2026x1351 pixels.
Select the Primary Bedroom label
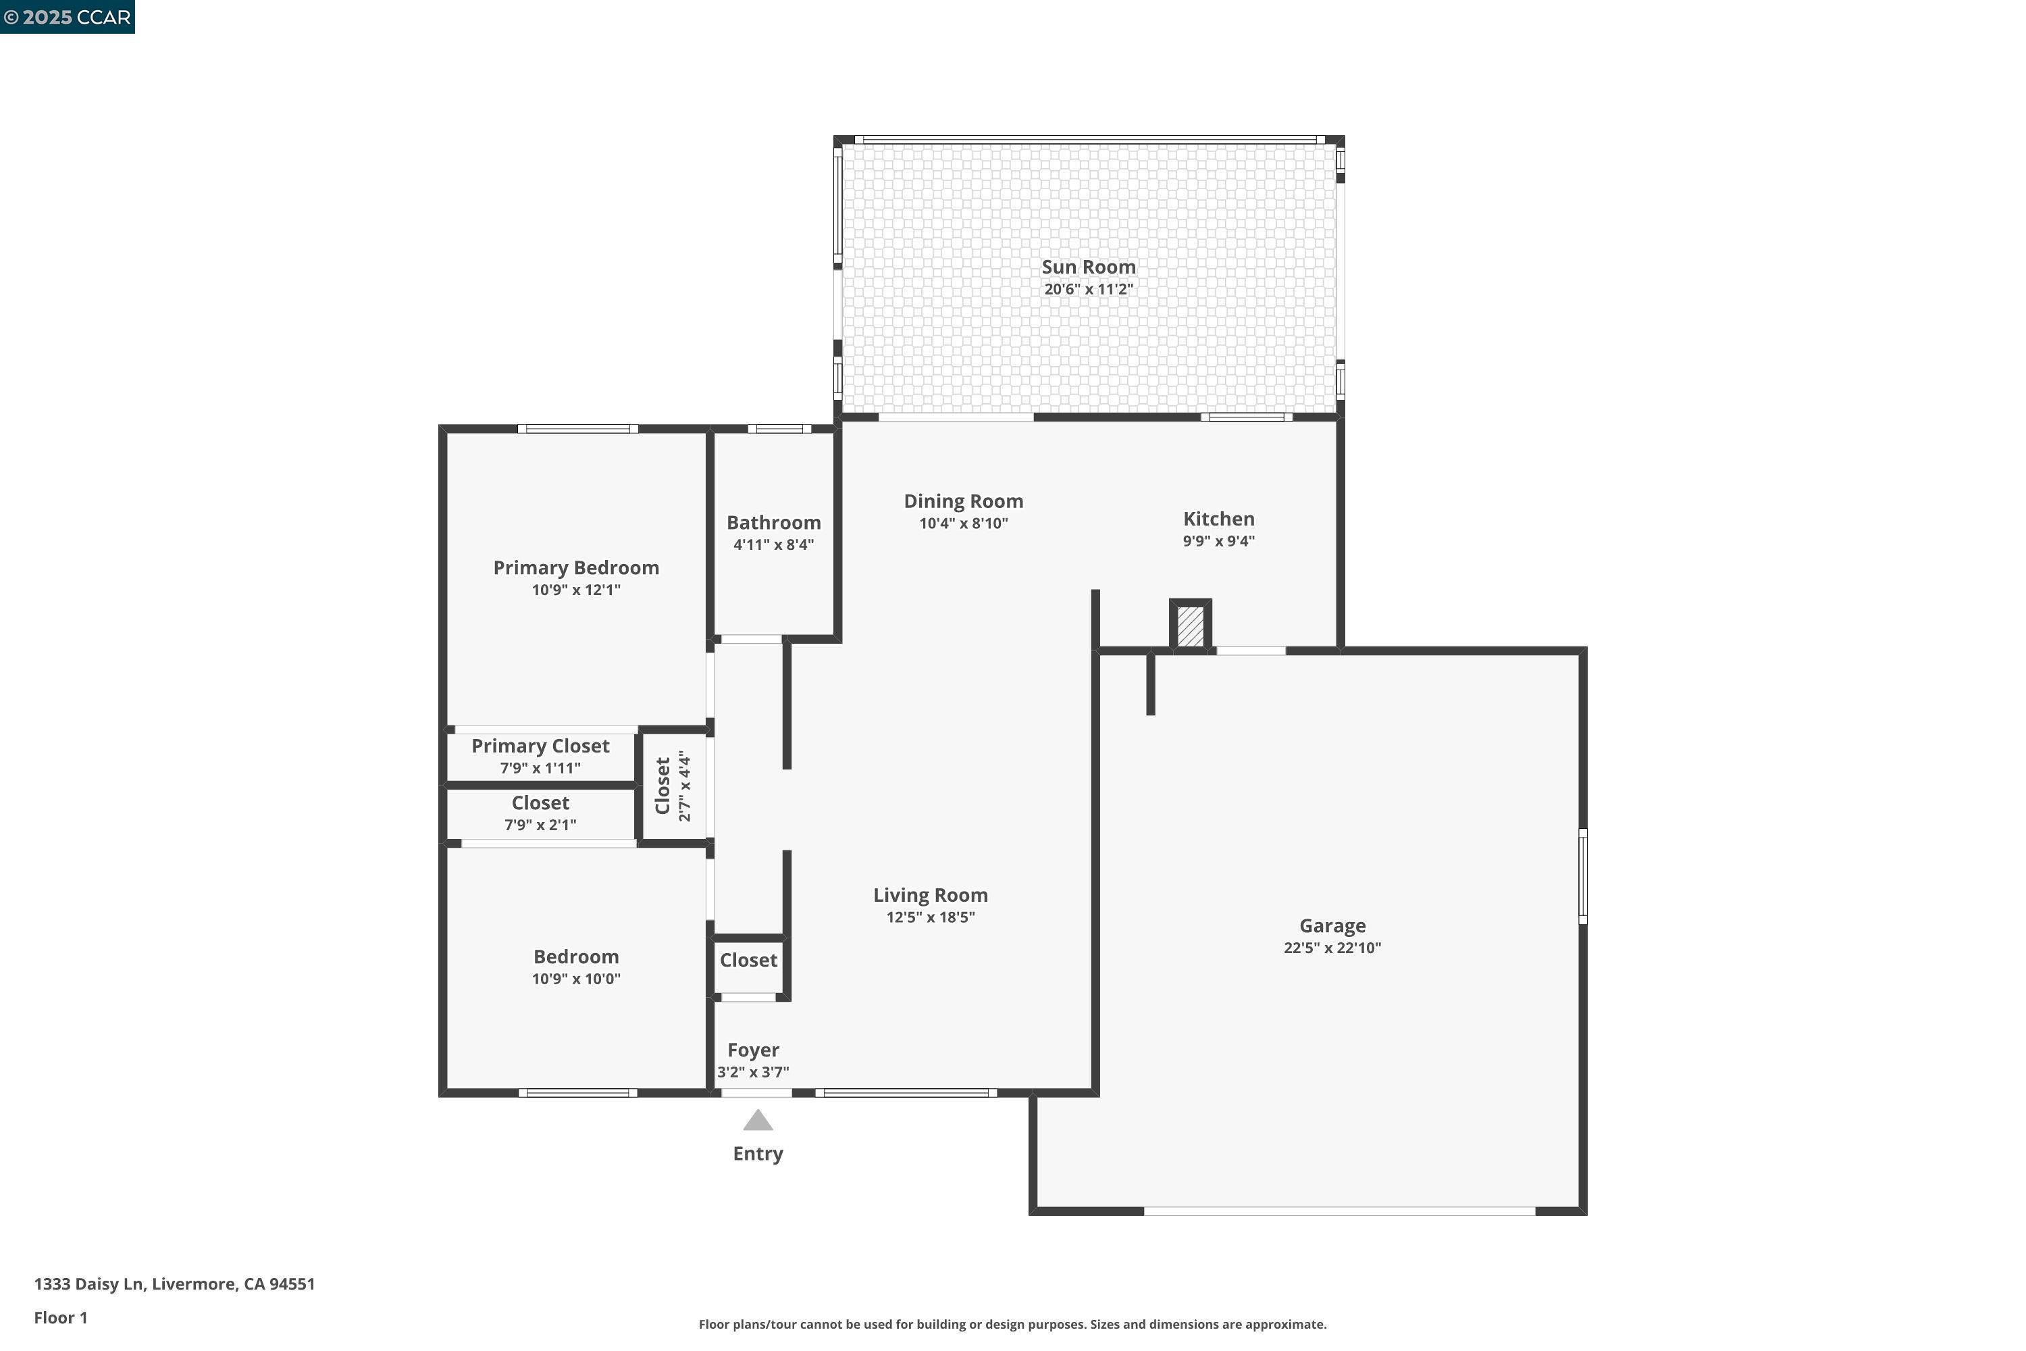[x=575, y=568]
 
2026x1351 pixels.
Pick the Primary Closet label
[x=540, y=746]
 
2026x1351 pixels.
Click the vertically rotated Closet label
[x=663, y=785]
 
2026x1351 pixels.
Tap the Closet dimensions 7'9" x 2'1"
[x=540, y=825]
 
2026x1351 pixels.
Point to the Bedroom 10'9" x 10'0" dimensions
[x=575, y=979]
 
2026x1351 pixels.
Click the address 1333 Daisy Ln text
[x=174, y=1284]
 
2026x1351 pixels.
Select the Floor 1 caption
[x=60, y=1317]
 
